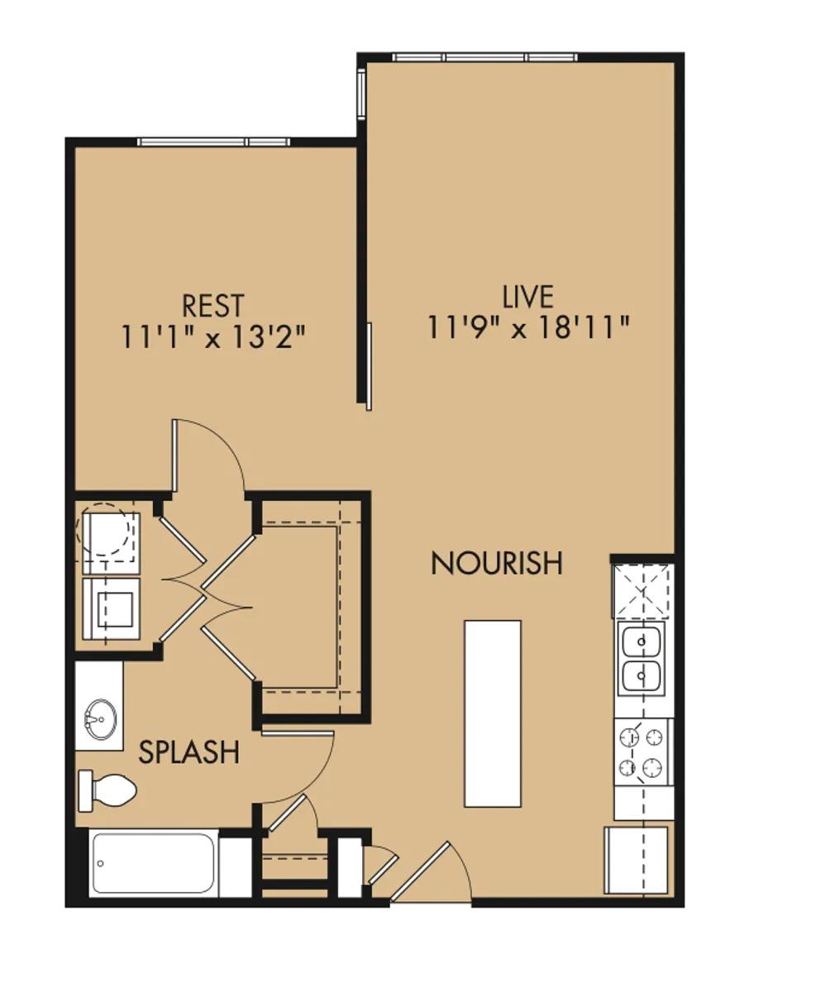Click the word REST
tap(213, 305)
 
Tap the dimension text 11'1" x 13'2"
tap(213, 336)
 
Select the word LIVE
tap(527, 296)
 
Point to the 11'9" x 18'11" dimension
tap(527, 327)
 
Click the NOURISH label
tap(497, 563)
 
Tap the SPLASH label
tap(188, 752)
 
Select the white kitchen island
tap(492, 713)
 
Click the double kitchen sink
tap(642, 659)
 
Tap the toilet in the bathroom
tap(107, 790)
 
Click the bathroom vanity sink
tap(100, 717)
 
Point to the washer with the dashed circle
tap(107, 535)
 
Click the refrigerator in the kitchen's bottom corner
tap(636, 861)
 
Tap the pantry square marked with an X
tap(642, 590)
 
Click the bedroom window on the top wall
tap(213, 142)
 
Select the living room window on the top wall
tap(484, 57)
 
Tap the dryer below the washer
tap(111, 608)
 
